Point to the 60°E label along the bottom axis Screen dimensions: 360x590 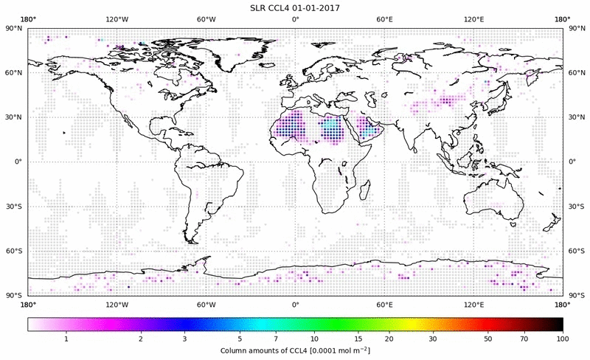[384, 304]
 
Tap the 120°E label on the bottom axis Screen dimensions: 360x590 [473, 304]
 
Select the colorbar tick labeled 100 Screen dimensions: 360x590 [562, 338]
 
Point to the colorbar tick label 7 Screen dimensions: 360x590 [275, 338]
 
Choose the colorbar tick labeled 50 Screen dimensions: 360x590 [487, 338]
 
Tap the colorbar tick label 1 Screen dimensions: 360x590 [66, 338]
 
